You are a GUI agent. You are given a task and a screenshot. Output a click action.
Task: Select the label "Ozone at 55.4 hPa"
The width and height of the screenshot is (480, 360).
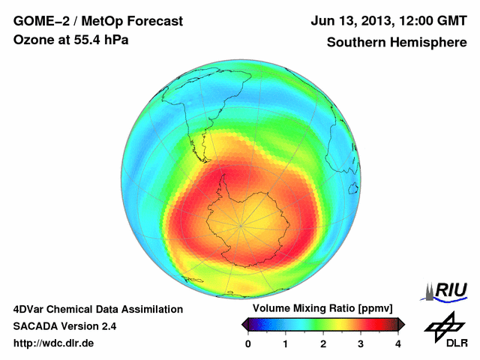point(71,40)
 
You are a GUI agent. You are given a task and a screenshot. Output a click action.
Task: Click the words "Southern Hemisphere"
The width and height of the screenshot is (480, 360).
point(396,42)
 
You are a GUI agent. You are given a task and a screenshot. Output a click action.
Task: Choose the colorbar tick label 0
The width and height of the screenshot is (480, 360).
point(248,343)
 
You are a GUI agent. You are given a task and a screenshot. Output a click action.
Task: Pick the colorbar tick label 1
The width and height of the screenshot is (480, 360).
point(286,343)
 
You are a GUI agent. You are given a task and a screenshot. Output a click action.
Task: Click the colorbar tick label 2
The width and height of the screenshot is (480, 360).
point(323,343)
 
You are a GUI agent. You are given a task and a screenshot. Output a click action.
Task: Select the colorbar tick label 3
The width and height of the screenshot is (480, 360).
point(361,343)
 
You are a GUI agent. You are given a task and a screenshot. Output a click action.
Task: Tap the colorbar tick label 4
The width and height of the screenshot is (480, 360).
point(398,343)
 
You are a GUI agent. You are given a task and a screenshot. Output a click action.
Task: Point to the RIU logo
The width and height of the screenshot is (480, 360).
point(446,290)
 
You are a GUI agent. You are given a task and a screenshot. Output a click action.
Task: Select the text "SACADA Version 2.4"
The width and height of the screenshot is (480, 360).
point(64,326)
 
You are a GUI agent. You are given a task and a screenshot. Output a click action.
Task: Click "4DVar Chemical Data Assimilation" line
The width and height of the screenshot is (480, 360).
point(97,309)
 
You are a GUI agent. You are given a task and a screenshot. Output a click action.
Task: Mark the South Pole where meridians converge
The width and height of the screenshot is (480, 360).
point(242,224)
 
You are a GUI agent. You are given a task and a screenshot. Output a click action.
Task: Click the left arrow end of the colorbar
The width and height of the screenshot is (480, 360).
point(244,324)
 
